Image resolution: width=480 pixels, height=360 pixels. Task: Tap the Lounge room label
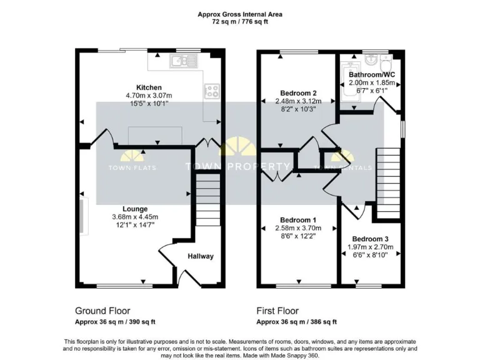click(x=135, y=209)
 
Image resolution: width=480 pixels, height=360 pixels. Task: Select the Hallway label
click(x=200, y=256)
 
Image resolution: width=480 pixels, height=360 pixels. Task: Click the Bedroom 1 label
click(x=297, y=220)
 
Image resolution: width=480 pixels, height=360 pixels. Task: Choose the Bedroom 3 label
click(x=370, y=239)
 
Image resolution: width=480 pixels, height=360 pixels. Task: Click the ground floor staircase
click(x=209, y=199)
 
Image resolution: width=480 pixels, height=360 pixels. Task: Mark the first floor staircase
click(x=387, y=181)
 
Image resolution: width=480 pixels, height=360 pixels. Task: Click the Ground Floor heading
click(x=102, y=311)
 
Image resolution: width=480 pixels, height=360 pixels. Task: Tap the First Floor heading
click(x=277, y=311)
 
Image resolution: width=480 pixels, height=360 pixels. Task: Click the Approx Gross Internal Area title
click(x=240, y=13)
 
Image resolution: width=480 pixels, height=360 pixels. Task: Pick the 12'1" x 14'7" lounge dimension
click(x=135, y=225)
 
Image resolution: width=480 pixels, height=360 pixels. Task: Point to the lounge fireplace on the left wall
click(x=83, y=217)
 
